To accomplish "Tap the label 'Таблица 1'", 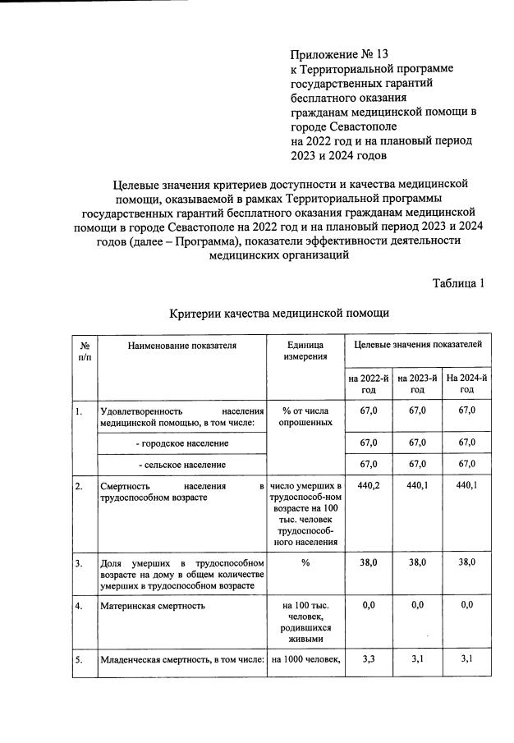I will coord(458,283).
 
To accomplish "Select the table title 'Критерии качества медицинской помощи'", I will coord(278,313).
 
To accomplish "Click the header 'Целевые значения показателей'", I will coord(417,346).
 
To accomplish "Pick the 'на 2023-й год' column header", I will coord(416,383).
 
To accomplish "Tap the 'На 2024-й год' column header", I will coord(466,383).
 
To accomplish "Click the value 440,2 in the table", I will coord(367,487).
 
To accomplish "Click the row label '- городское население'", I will coord(182,443).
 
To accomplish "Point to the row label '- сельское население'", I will coord(181,465).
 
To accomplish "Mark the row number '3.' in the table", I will coord(79,564).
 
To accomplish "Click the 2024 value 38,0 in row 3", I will coord(466,564).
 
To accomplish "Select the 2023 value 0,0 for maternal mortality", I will coord(416,605).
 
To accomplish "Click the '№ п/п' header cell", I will coord(85,351).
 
